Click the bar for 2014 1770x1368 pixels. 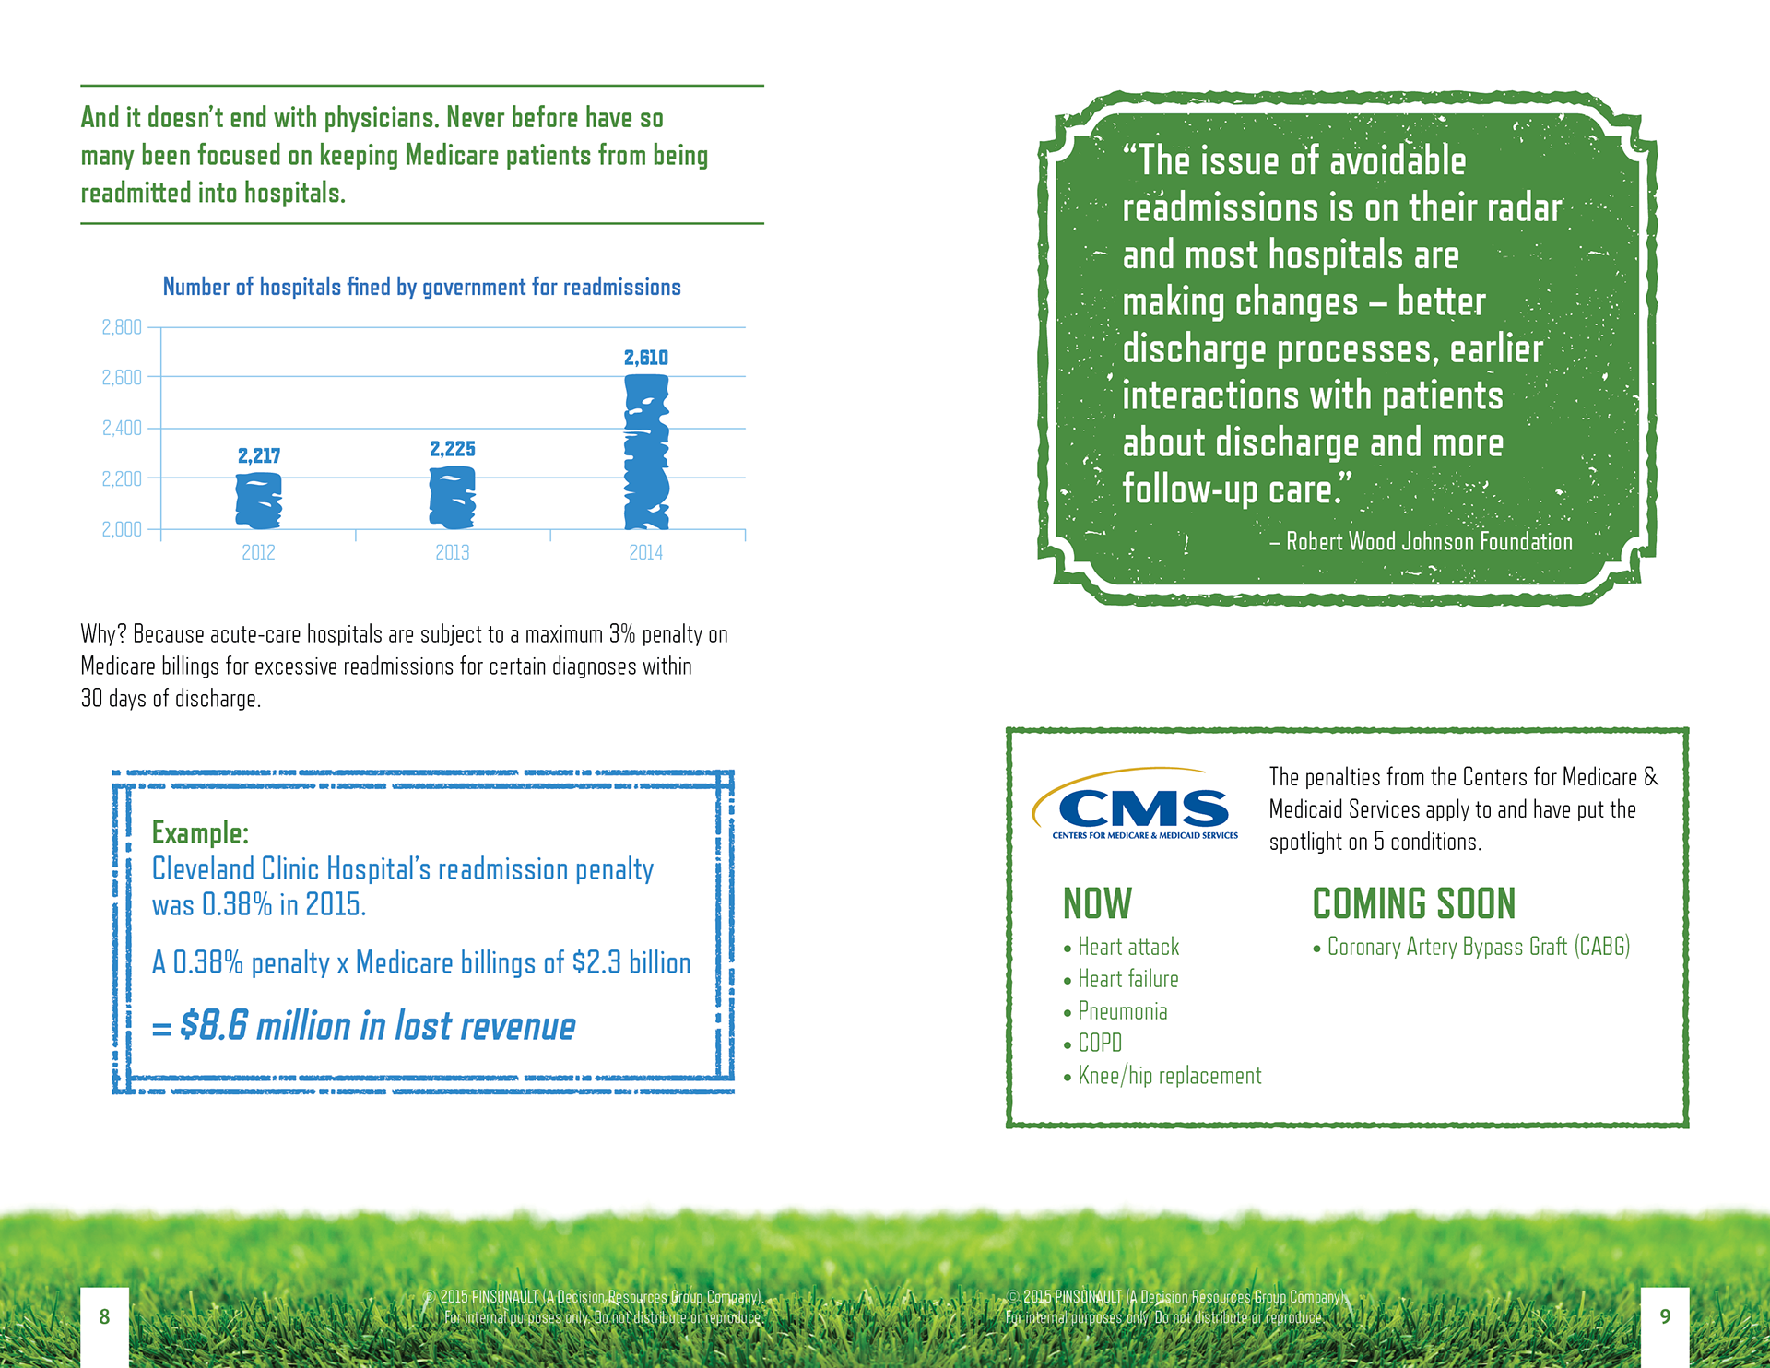(646, 452)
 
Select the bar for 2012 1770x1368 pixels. (259, 501)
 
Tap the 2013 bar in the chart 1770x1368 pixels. (453, 497)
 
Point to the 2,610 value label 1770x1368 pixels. (646, 358)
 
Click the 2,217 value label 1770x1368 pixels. (259, 455)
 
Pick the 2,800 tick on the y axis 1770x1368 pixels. (122, 327)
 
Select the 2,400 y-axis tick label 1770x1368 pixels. (122, 428)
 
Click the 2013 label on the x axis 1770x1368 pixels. (453, 552)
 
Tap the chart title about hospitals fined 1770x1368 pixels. (421, 287)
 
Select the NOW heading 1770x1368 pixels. (1097, 903)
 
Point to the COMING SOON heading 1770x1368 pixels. (1413, 903)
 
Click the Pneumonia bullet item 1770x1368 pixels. (1122, 1011)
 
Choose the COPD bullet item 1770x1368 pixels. (1100, 1044)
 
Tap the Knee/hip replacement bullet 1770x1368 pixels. (1169, 1076)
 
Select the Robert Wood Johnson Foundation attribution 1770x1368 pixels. (1428, 542)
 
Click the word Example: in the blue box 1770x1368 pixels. (200, 832)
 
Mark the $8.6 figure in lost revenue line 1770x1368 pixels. (214, 1025)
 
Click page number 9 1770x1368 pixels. (1665, 1316)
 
